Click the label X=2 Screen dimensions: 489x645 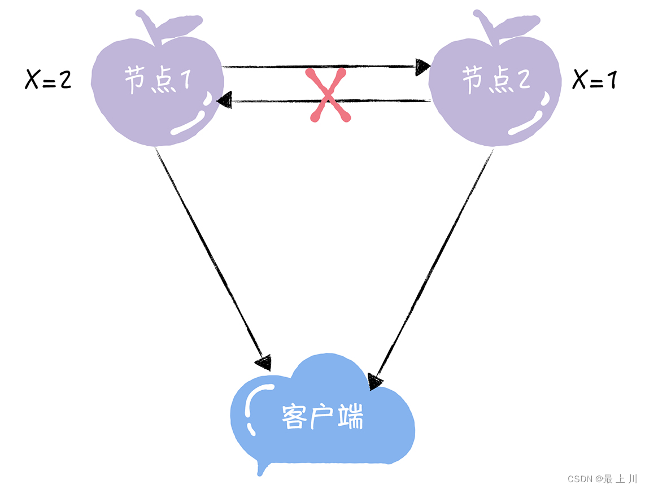click(48, 81)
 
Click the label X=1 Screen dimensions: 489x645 click(594, 81)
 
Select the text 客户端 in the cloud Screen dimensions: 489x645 click(321, 417)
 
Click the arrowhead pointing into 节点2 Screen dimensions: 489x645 click(422, 67)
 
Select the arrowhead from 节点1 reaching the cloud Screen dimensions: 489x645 click(263, 361)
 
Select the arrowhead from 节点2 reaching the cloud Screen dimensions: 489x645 click(376, 381)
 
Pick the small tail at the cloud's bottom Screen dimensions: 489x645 click(261, 468)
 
